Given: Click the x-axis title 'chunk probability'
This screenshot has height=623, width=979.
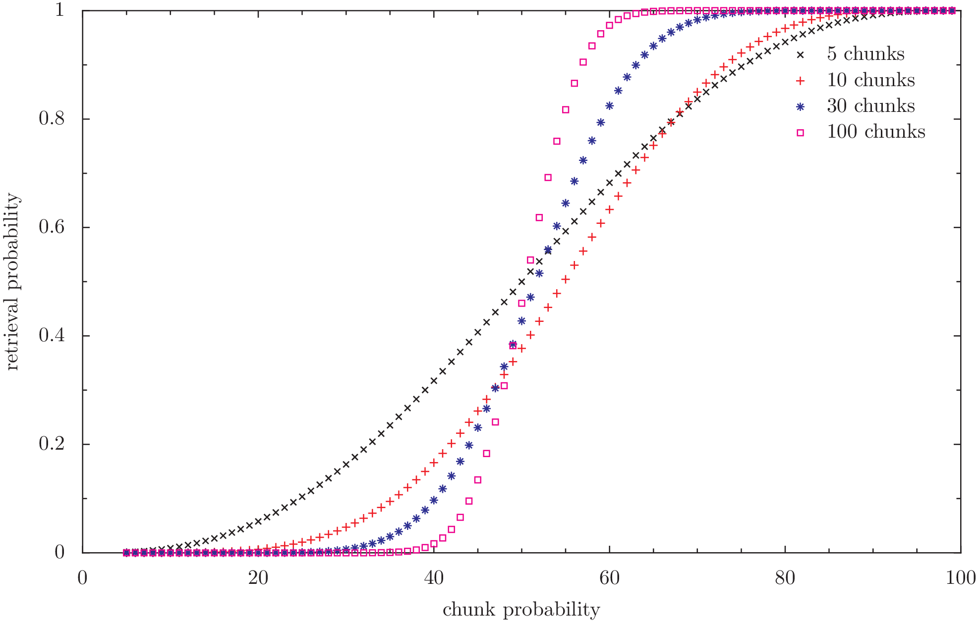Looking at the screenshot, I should pos(521,610).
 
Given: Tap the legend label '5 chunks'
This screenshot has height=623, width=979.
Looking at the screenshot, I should pos(865,54).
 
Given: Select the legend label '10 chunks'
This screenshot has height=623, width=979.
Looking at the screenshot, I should pos(870,80).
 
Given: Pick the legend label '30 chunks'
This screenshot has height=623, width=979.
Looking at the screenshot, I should pos(870,105).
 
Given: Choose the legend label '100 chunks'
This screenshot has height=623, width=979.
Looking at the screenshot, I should pos(876,132).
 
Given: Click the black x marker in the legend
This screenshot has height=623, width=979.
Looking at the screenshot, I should pos(800,54).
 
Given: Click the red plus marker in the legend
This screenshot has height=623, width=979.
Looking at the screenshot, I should pos(800,80).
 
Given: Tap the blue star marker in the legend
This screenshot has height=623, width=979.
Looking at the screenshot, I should pos(800,106).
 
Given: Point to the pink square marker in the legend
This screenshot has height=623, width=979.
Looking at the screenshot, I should pos(800,132).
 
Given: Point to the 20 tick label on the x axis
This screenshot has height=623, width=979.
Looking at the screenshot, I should pos(258,578).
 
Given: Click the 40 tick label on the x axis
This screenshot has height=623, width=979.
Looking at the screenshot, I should pos(434,578).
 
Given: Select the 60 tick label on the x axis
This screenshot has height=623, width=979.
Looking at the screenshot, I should pos(609,578).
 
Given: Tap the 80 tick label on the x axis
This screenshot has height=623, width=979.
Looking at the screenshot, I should pos(785,578).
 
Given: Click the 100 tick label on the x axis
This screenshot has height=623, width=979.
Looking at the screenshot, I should pos(960,578).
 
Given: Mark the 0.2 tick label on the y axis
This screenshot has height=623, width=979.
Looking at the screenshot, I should pos(52,444).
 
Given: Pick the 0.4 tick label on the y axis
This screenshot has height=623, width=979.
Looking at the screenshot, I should pos(52,335).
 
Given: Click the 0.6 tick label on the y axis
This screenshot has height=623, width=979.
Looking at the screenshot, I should pos(52,227).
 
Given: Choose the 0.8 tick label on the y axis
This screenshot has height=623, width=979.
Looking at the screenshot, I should pos(52,118).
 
